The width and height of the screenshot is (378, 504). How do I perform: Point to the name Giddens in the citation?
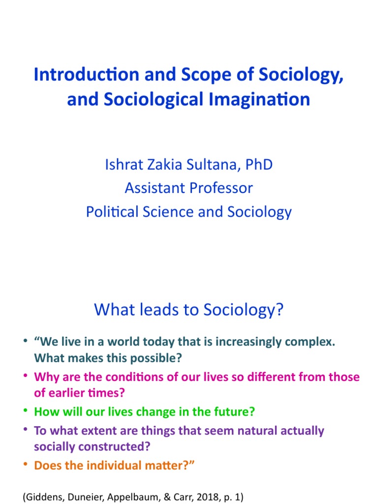tap(43, 497)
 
